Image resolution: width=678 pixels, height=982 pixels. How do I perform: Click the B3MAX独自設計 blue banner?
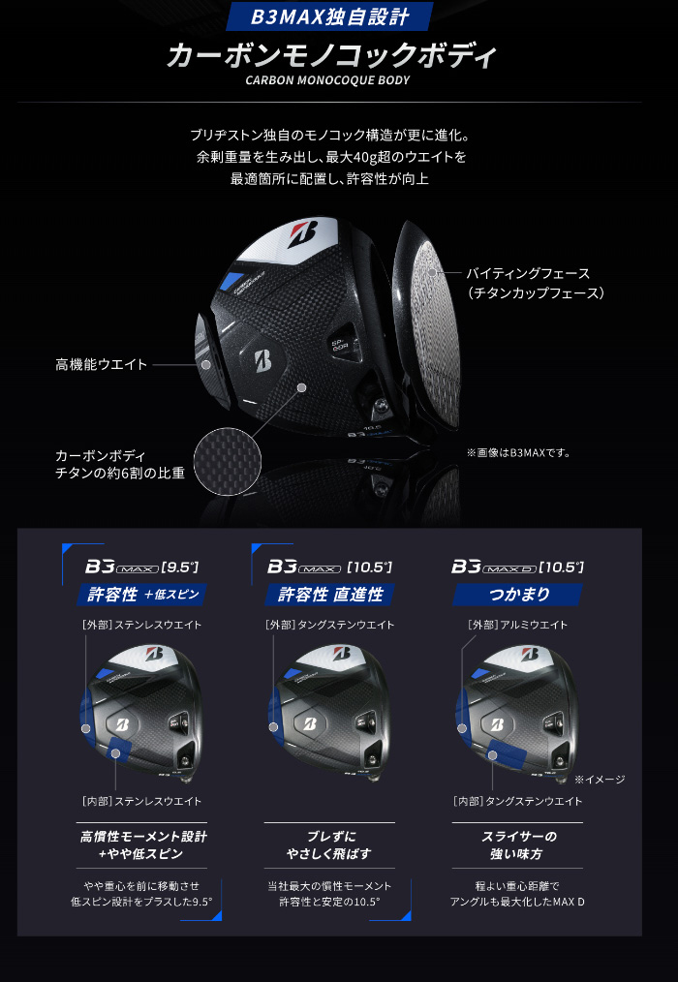point(329,16)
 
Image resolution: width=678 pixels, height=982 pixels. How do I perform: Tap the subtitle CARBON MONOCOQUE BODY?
point(327,80)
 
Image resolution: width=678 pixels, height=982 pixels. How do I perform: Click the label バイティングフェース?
point(528,273)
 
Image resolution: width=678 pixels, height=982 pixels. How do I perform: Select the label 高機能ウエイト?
point(102,364)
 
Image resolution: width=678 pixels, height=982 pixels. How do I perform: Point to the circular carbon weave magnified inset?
point(227,461)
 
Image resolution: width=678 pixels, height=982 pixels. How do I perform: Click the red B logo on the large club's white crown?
point(303,235)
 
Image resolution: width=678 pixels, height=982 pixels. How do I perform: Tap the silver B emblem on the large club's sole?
point(263,362)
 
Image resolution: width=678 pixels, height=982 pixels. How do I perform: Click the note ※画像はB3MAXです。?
point(518,453)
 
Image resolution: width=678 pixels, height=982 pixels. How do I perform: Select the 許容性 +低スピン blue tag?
point(141,595)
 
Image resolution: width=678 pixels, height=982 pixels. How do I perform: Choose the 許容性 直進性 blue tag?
point(329,595)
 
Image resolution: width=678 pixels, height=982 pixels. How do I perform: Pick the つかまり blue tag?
point(517,595)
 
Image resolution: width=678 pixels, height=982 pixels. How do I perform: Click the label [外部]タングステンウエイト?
point(329,625)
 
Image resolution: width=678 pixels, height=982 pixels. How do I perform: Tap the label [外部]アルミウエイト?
point(517,625)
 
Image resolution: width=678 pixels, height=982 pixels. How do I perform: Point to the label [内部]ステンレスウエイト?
point(141,801)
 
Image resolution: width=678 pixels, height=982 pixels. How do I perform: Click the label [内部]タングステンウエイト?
point(517,801)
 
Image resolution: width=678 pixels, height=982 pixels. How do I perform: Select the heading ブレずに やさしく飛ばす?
point(329,844)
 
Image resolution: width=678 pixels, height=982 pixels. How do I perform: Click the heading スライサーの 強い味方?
point(518,844)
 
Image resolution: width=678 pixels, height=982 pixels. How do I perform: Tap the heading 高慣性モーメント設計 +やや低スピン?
point(142,844)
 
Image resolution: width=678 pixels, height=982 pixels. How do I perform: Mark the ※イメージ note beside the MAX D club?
point(600,779)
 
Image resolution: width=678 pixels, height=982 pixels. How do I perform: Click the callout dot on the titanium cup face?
point(432,272)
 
